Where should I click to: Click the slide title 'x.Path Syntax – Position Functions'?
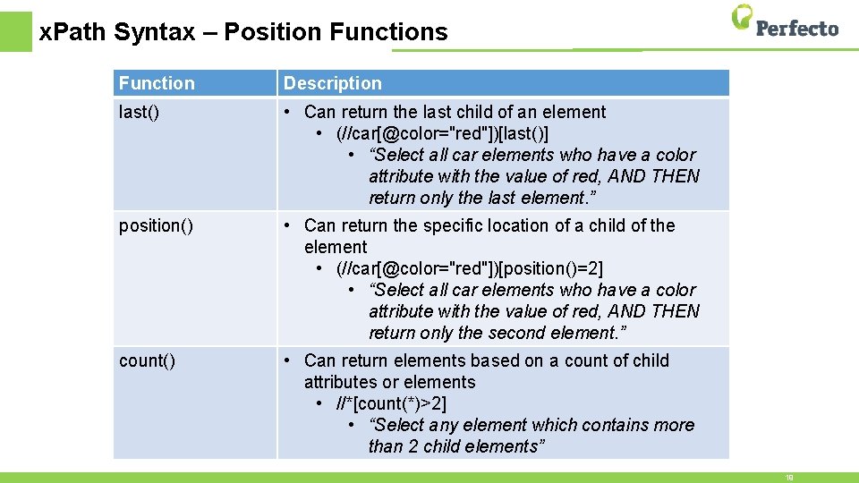[243, 32]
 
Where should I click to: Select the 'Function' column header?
[157, 83]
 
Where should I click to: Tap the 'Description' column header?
[332, 83]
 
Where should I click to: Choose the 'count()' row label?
[147, 360]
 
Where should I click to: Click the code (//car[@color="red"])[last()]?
[442, 133]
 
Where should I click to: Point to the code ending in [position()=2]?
[470, 268]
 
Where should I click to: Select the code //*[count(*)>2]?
[391, 403]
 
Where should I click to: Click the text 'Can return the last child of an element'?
[455, 112]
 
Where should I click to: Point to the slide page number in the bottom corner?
[789, 478]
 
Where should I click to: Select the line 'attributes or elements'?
[389, 382]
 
